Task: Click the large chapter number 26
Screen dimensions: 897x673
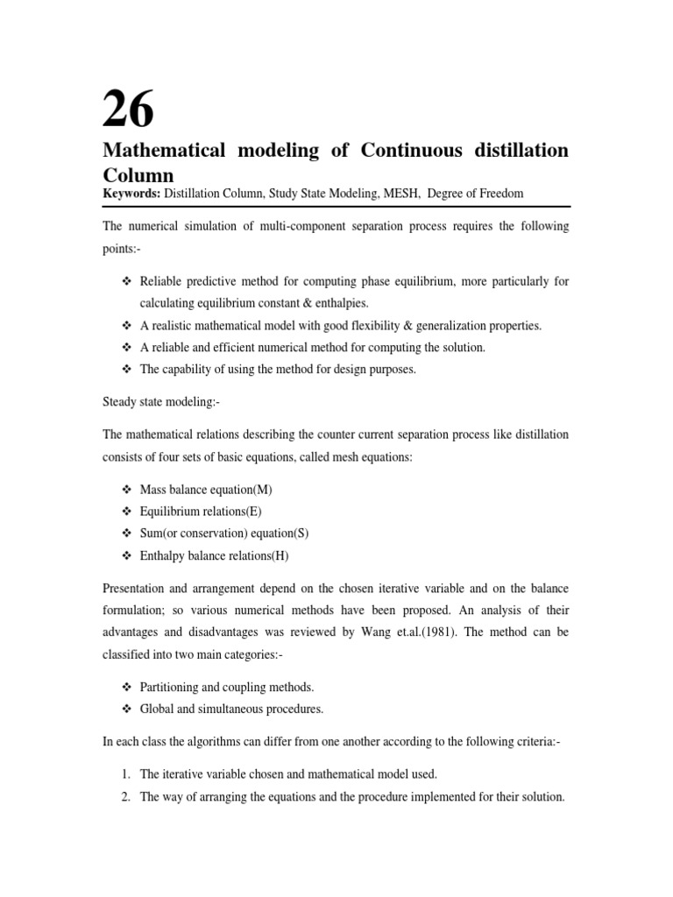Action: (x=129, y=109)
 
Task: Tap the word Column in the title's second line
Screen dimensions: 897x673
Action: (x=139, y=173)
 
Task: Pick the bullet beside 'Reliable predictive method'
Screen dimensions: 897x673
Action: (x=124, y=281)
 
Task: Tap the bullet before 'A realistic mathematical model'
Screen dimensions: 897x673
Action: (x=124, y=326)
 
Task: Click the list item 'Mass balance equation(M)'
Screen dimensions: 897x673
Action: (x=212, y=489)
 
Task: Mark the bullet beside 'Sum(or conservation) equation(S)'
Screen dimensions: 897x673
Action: (x=124, y=533)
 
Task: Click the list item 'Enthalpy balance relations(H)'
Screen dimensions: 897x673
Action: (x=214, y=555)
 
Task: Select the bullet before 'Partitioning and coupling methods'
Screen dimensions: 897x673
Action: (x=124, y=687)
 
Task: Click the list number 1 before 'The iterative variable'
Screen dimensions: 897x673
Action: (x=126, y=774)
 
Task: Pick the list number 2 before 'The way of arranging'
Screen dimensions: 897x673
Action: (x=126, y=797)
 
